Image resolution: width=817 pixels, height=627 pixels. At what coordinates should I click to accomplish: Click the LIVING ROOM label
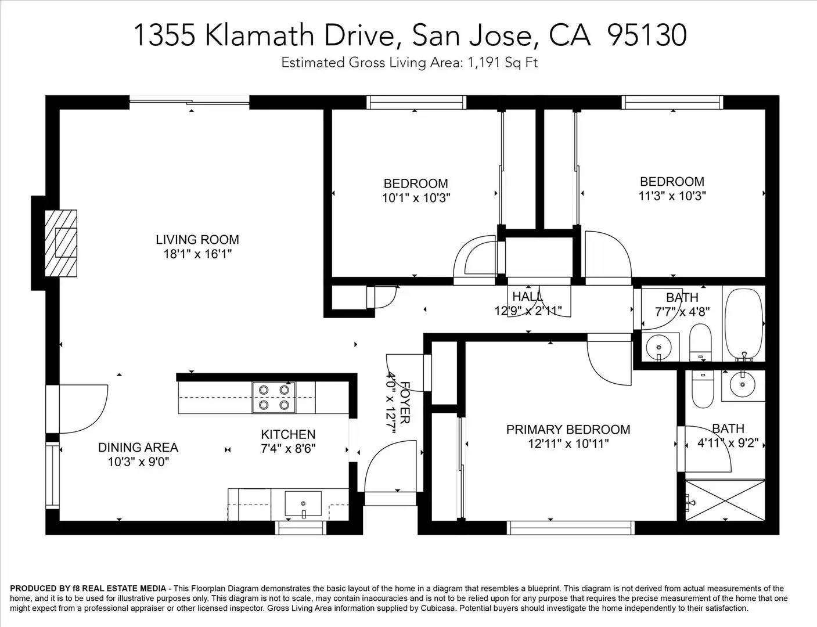tap(197, 239)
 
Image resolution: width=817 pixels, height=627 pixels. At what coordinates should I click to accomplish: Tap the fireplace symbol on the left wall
tap(62, 242)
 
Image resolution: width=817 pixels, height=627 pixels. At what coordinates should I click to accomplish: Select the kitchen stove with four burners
tap(273, 398)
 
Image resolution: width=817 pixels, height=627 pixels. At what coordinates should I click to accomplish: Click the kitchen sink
tap(303, 503)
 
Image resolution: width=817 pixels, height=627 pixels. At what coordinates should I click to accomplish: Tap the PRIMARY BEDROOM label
tap(568, 430)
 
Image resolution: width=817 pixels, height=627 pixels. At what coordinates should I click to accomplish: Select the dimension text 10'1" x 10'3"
tap(416, 198)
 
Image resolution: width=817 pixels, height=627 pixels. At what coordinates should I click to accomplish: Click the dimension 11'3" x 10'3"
tap(672, 196)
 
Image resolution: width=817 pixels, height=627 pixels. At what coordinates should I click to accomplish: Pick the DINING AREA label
tap(138, 448)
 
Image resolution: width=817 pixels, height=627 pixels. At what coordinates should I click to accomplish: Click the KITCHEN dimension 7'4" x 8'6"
tap(288, 449)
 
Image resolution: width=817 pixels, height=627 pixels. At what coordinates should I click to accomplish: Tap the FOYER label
tap(405, 402)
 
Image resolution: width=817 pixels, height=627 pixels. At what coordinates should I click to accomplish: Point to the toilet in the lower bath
tap(702, 390)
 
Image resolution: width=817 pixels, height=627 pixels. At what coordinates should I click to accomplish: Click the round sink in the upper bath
tap(659, 346)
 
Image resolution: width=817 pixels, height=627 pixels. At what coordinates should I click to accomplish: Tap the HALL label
tap(527, 297)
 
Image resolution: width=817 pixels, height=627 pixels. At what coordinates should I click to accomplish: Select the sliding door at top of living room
tap(189, 103)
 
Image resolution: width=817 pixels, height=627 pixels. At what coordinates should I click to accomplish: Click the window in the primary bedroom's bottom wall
tap(571, 527)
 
